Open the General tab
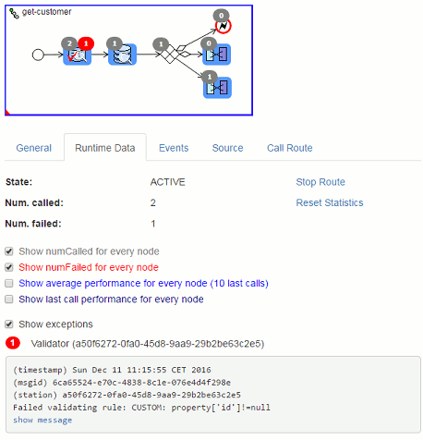point(33,148)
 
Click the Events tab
point(174,148)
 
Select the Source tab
point(227,148)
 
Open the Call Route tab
point(290,148)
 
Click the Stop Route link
point(320,182)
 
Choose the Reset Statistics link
point(330,202)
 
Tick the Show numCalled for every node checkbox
point(9,251)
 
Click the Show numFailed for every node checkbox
point(9,267)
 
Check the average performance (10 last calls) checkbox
point(9,283)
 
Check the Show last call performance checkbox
point(9,299)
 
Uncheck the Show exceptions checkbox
point(9,324)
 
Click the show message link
point(42,420)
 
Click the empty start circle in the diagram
point(38,55)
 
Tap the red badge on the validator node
point(86,43)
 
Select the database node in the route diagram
point(122,55)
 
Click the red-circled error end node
point(224,27)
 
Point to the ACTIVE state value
point(168,182)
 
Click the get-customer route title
point(46,12)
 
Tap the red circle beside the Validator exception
point(13,343)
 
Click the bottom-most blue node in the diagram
point(217,88)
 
